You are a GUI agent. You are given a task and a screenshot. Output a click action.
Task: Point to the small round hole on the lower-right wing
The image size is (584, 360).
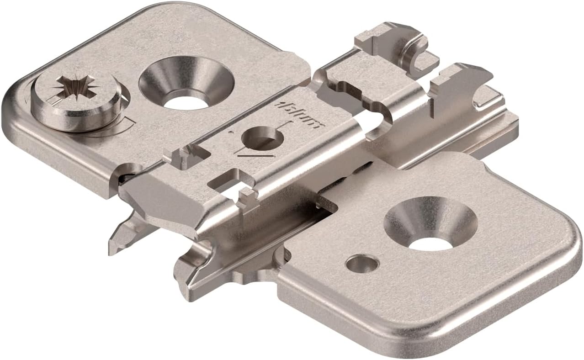coord(362,264)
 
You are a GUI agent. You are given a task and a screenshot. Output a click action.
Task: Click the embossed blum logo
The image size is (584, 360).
coord(299,116)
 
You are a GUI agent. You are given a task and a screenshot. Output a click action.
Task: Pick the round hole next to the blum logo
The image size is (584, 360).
coord(260,137)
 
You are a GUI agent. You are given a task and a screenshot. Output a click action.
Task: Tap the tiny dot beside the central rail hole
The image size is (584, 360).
coord(231,132)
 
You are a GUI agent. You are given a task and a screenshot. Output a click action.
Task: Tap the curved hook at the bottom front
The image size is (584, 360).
coord(192,270)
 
